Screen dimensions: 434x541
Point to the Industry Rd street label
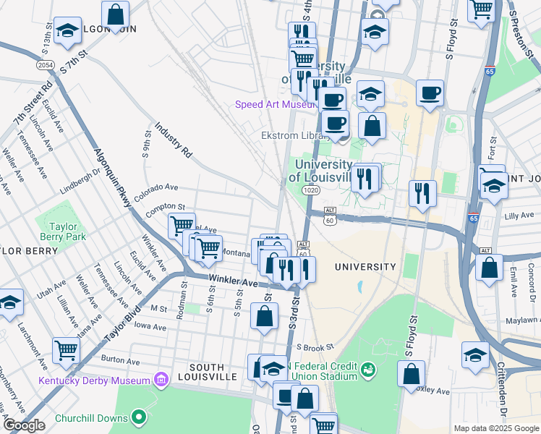[x=173, y=140]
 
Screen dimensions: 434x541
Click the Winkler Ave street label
[x=233, y=280]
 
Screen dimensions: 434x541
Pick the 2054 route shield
[x=45, y=65]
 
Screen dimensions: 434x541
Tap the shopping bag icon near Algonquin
[x=115, y=14]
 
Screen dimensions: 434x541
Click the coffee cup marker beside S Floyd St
[x=430, y=93]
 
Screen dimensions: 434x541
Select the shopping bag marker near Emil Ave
[x=490, y=267]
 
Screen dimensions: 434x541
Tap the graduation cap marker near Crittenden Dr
[x=475, y=355]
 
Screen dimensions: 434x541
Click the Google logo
[x=24, y=426]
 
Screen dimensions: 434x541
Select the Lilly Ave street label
[x=518, y=216]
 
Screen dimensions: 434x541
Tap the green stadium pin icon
[x=368, y=370]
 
